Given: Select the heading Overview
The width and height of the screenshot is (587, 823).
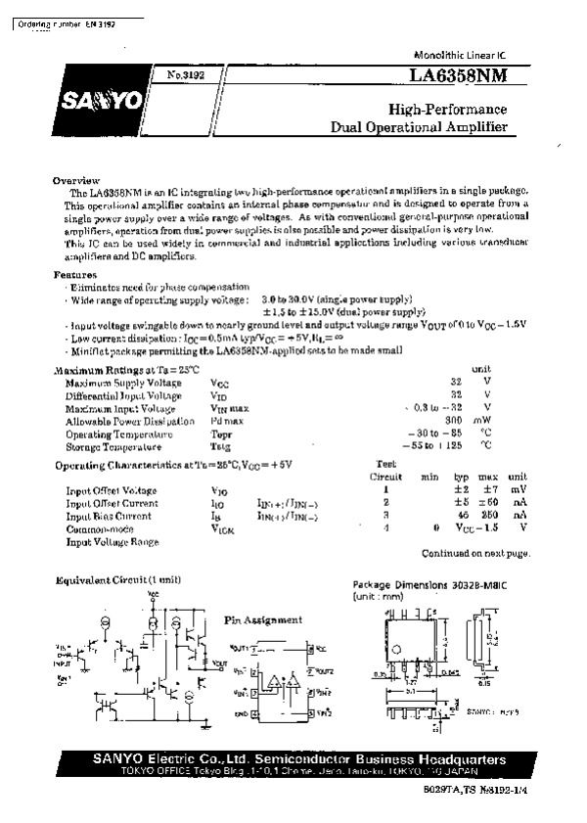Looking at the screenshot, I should (75, 181).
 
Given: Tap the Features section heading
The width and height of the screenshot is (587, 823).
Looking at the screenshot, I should (75, 276).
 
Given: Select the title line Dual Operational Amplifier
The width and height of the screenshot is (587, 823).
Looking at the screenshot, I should (419, 127).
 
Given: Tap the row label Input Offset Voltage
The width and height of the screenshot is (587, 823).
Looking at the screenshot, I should (112, 489).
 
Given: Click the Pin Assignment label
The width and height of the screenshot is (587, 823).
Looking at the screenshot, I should (263, 620).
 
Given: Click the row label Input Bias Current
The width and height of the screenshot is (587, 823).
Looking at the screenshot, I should (109, 515).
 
